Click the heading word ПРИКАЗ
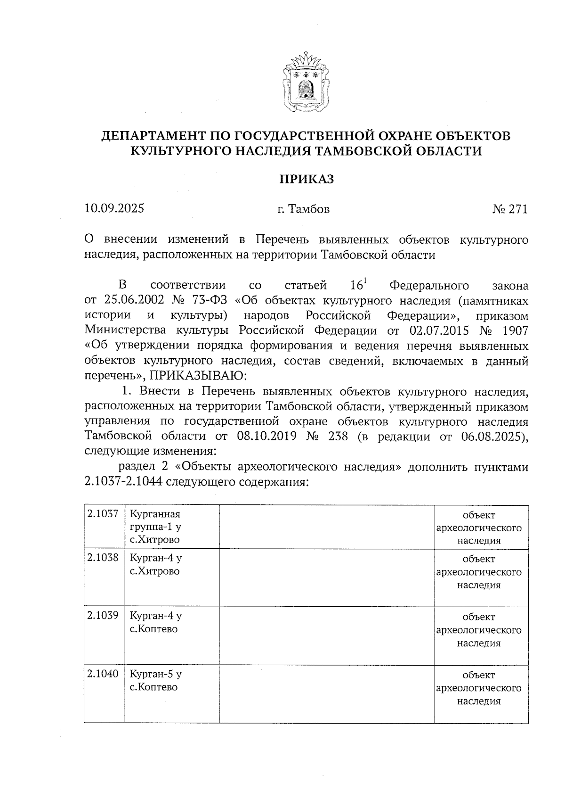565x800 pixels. tap(307, 180)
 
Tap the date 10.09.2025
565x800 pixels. tap(114, 208)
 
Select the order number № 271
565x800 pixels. tap(510, 209)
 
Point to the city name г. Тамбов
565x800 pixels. tap(303, 209)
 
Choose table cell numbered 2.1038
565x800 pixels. tap(103, 559)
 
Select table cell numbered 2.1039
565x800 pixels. tap(103, 616)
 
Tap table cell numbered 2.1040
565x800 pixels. tap(103, 674)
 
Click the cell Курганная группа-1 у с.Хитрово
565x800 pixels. tap(155, 527)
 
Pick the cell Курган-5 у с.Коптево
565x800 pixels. tap(155, 681)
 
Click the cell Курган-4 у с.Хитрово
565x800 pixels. tap(155, 565)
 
